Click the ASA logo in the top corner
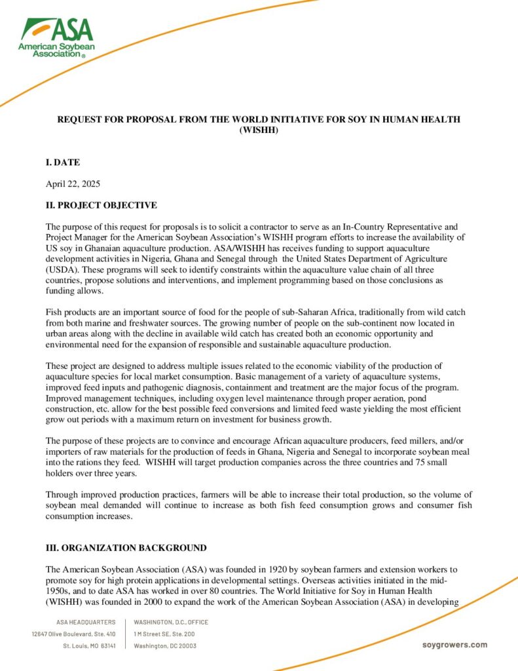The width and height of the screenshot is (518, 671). (56, 37)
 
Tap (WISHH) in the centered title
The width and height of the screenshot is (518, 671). (259, 130)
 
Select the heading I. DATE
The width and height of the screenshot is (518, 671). (63, 162)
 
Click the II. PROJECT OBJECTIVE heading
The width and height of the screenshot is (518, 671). (101, 205)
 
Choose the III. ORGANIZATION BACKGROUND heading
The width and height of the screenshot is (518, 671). (126, 548)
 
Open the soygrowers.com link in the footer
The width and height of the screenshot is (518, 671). (454, 645)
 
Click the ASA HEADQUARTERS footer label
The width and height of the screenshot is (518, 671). (86, 622)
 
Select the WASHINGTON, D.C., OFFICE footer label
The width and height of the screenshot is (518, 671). (171, 622)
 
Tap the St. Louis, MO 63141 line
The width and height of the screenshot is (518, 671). (90, 645)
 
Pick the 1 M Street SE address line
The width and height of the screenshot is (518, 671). (164, 634)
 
